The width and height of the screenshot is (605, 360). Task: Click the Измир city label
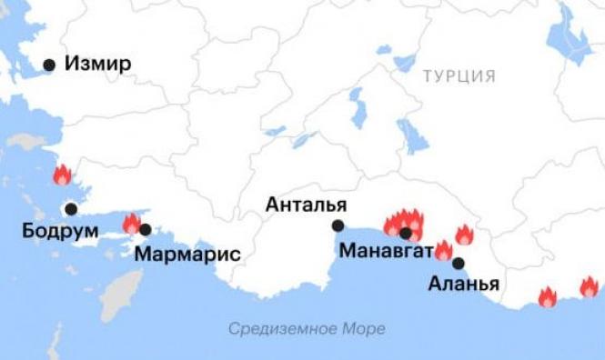click(x=97, y=65)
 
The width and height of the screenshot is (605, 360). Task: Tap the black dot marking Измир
click(x=49, y=65)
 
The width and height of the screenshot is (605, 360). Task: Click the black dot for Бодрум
click(x=71, y=209)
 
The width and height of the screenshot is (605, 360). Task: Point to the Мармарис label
click(x=187, y=253)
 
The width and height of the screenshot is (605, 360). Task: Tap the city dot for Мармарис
click(x=146, y=229)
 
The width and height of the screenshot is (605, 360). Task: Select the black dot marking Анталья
click(x=338, y=225)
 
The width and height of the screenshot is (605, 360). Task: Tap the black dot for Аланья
click(x=459, y=264)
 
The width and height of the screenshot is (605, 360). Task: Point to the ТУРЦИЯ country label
click(x=459, y=76)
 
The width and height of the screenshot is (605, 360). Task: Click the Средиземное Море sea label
click(x=307, y=328)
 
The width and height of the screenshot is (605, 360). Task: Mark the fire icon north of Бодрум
click(x=62, y=175)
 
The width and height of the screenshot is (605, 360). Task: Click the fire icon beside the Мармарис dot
click(x=132, y=223)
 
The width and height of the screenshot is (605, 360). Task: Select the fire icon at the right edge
click(x=590, y=287)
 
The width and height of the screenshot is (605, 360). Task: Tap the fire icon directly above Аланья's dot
click(x=443, y=250)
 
